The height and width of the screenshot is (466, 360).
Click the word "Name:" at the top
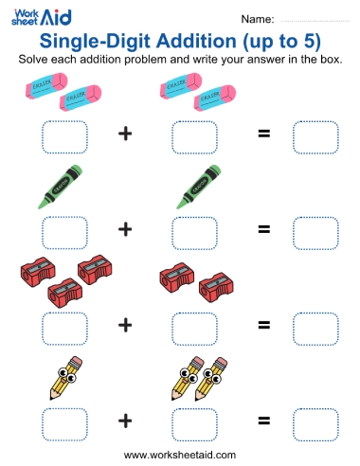[258, 19]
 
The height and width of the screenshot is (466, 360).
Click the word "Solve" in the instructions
[37, 60]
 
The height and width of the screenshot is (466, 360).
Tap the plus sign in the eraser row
[124, 134]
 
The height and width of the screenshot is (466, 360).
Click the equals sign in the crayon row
[264, 228]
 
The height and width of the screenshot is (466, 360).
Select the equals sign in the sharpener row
[264, 325]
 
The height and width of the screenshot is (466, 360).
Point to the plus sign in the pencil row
[124, 421]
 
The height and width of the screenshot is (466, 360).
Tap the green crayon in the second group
[198, 187]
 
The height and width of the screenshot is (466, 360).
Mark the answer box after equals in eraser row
[315, 136]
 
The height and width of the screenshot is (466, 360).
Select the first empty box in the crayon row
[63, 231]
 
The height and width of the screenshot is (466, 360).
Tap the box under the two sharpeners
[194, 327]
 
